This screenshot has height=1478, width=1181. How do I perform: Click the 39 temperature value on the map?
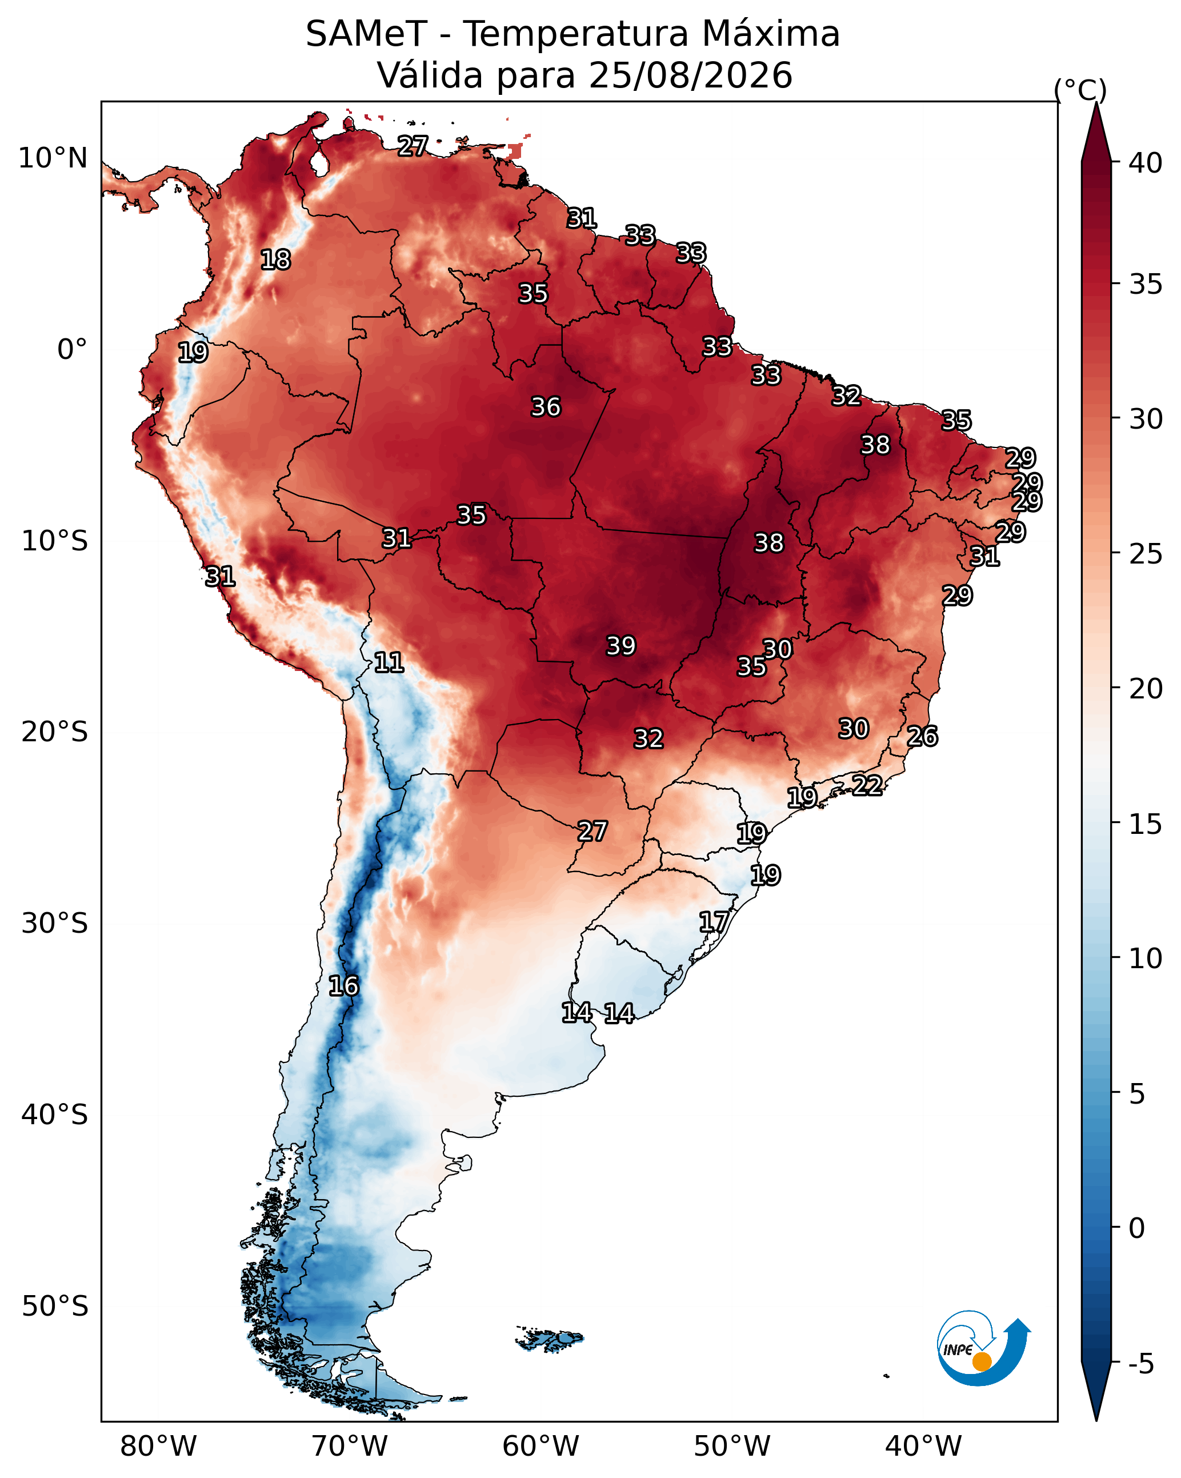point(621,646)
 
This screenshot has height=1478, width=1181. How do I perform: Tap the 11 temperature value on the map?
point(389,662)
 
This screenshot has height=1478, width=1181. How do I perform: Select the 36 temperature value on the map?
point(546,407)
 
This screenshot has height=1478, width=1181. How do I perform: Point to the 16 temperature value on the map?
point(343,986)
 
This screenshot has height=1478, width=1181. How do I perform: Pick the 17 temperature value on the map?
point(714,921)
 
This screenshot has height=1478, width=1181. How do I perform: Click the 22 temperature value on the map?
point(867,785)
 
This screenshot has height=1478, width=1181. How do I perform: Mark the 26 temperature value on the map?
point(922,736)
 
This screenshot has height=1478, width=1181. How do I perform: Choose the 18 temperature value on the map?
point(275,260)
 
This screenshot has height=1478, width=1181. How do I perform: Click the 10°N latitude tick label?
point(53,158)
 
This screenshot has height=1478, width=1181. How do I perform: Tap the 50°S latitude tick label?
point(55,1307)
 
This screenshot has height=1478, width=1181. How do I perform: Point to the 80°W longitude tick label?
point(158,1447)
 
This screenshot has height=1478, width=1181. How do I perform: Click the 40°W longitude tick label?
point(923,1447)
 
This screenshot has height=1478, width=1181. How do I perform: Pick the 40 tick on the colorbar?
point(1146,163)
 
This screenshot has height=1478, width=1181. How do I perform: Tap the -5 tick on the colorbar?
point(1141,1364)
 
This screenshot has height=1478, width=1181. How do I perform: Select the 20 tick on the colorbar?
point(1146,688)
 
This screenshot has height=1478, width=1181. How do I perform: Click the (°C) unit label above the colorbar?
point(1080,90)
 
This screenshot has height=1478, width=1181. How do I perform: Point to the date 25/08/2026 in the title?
point(690,75)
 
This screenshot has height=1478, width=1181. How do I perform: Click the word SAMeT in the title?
point(366,34)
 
